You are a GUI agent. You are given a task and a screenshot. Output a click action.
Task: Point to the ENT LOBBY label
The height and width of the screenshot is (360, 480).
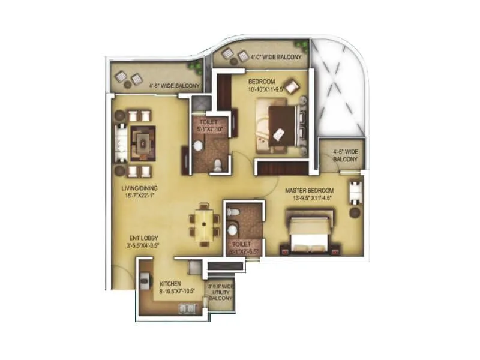pyautogui.click(x=142, y=241)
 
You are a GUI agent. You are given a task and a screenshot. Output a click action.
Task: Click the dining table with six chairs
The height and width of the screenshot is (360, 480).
pyautogui.click(x=205, y=224)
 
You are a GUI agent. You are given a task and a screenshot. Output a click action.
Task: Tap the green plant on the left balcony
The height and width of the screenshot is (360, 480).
pyautogui.click(x=194, y=67)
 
